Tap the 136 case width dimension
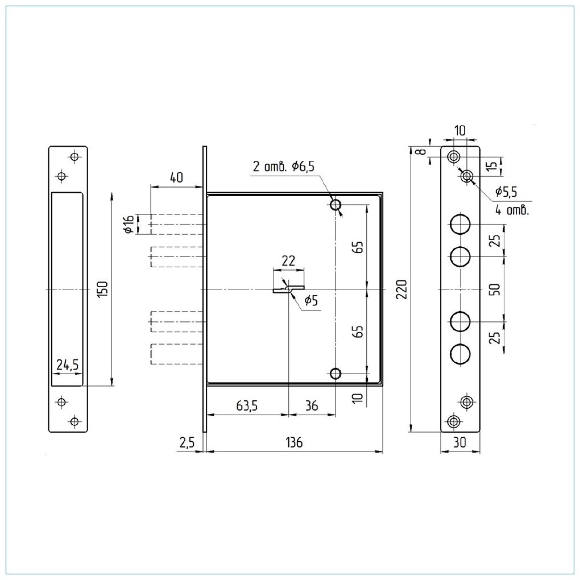pos(293,442)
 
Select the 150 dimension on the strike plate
pos(103,289)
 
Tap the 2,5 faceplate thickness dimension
pos(187,442)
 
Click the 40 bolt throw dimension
pos(176,177)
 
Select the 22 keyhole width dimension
pos(288,261)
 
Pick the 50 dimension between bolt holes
pos(495,289)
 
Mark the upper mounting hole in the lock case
pos(335,205)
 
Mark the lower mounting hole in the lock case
pos(335,373)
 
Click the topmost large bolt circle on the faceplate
pos(460,224)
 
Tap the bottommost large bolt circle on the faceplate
pos(460,354)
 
